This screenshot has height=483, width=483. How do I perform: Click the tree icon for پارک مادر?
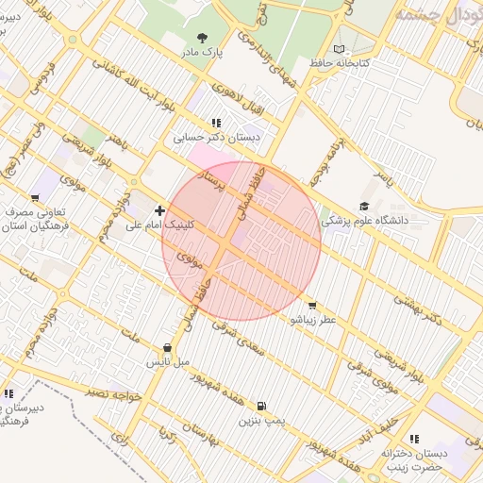(201, 38)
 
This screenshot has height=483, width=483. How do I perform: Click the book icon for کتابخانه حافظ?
(340, 48)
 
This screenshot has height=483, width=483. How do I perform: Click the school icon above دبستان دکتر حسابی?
(217, 123)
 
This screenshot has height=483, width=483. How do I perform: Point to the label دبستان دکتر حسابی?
(217, 138)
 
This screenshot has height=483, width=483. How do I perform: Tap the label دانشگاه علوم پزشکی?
(365, 221)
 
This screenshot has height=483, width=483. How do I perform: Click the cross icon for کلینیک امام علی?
(159, 210)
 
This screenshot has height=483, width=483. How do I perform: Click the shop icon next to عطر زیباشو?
(312, 305)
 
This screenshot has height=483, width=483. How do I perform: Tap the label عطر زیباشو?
(312, 320)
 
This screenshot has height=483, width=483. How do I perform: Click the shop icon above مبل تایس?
(168, 346)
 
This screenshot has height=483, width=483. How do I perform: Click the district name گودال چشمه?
(440, 16)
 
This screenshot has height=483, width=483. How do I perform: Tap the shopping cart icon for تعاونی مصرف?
(35, 198)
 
